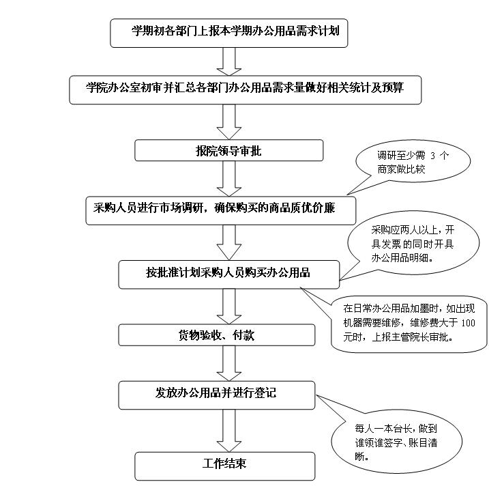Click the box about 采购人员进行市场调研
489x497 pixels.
[220, 208]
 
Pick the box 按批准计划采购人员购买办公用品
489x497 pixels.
[228, 273]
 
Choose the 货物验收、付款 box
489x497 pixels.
[218, 335]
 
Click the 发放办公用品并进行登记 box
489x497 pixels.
[216, 393]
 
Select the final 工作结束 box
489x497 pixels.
[225, 464]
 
